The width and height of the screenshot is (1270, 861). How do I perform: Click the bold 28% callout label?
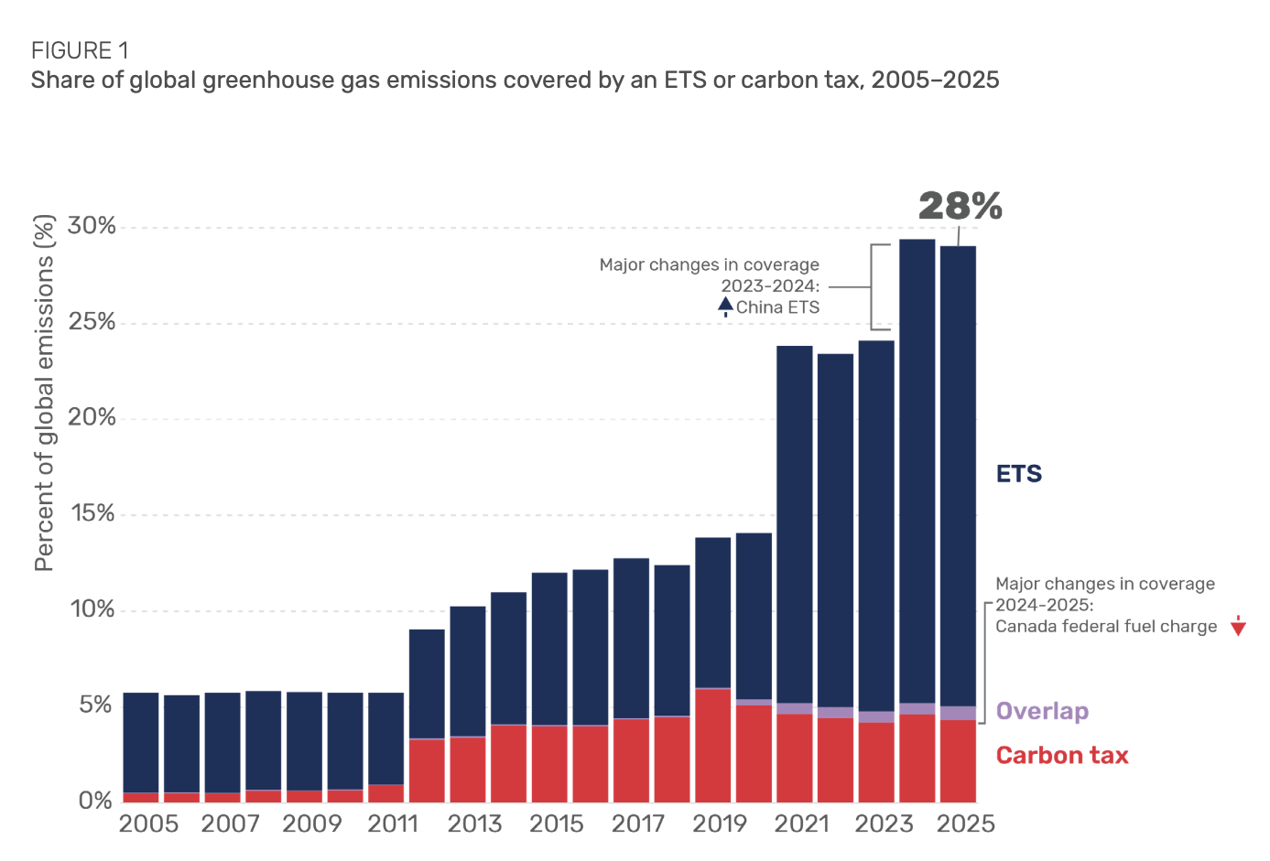click(960, 206)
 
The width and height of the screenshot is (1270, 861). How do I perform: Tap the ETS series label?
click(1018, 474)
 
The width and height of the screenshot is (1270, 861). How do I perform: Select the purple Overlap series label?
click(1042, 711)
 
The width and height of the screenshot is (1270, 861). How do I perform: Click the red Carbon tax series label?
click(1061, 755)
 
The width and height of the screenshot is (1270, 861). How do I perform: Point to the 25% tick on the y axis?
click(92, 322)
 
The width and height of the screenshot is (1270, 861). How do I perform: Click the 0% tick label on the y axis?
click(95, 801)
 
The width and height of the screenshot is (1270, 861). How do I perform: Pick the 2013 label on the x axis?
click(474, 823)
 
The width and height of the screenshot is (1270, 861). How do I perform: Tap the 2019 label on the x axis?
click(720, 823)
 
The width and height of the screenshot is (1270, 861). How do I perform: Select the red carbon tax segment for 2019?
click(712, 746)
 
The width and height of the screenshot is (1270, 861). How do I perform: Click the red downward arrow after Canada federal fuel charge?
click(1238, 627)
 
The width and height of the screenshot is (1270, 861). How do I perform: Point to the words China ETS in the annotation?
click(777, 307)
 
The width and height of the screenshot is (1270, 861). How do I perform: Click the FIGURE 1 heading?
click(80, 50)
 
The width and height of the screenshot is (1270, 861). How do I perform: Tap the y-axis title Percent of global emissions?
click(44, 393)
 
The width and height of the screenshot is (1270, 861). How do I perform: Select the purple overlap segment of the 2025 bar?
click(958, 713)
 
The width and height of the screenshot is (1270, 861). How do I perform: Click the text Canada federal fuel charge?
click(1106, 627)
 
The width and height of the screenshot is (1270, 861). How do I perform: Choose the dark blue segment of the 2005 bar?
click(140, 741)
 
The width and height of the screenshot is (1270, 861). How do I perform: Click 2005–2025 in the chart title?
click(935, 81)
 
